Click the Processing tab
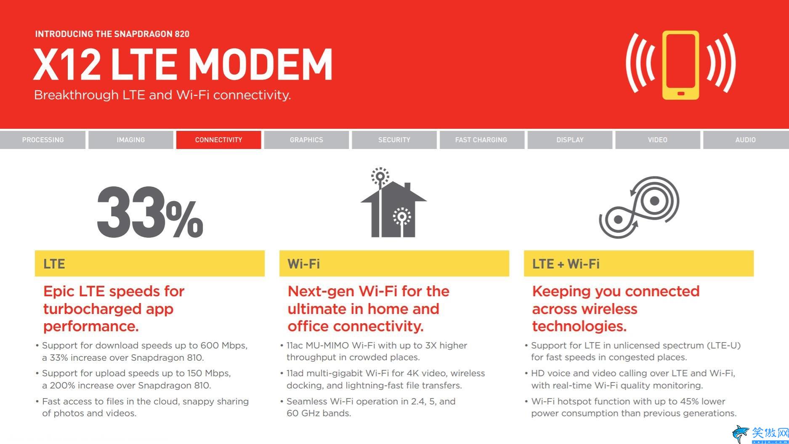pos(43,140)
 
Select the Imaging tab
pos(130,140)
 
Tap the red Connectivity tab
pos(218,140)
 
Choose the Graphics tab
pos(306,140)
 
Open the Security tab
pos(394,140)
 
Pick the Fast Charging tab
pos(482,140)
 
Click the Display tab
pos(570,140)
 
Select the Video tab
pos(658,140)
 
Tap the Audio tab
pos(746,140)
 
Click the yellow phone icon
pos(680,65)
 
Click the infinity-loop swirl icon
pos(639,207)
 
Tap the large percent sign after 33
pos(184,219)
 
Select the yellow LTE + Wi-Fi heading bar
pos(639,263)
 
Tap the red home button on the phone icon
pos(681,93)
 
